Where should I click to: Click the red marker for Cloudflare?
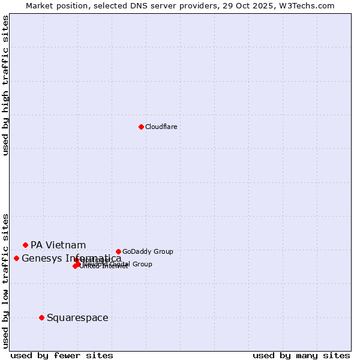pyautogui.click(x=141, y=127)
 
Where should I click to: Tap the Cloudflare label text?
pyautogui.click(x=161, y=127)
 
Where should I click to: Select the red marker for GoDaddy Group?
pyautogui.click(x=118, y=251)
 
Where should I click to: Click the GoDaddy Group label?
pyautogui.click(x=148, y=251)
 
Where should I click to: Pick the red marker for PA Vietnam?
pyautogui.click(x=25, y=245)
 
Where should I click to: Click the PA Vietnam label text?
pyautogui.click(x=58, y=245)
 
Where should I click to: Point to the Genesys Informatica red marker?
pyautogui.click(x=16, y=258)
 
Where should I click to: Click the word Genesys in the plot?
pyautogui.click(x=41, y=259)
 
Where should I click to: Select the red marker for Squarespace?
pyautogui.click(x=41, y=317)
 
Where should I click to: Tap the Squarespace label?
pyautogui.click(x=77, y=317)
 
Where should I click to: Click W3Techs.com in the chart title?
pyautogui.click(x=310, y=5)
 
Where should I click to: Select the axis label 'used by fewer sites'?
pyautogui.click(x=62, y=355)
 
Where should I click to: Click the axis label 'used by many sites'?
pyautogui.click(x=301, y=355)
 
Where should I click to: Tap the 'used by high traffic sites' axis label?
pyautogui.click(x=5, y=86)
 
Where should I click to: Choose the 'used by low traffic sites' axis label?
pyautogui.click(x=5, y=280)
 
